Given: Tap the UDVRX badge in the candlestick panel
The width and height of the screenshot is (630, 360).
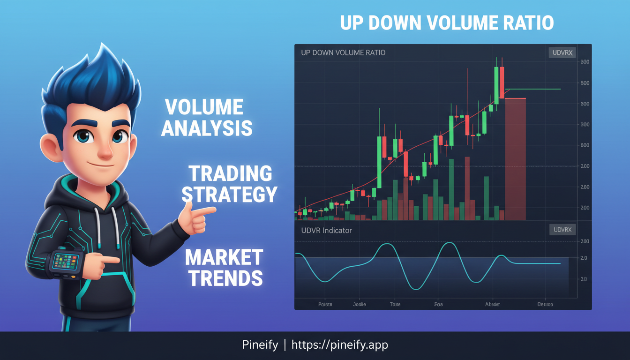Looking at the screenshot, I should (562, 52).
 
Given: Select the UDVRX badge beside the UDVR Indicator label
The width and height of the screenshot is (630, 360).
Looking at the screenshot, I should (562, 230).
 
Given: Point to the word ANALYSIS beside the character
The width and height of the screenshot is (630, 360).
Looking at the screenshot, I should (207, 128).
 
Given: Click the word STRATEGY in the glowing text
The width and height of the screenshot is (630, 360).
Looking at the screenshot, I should (229, 194).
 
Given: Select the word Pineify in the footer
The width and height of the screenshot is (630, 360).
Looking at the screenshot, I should (260, 345).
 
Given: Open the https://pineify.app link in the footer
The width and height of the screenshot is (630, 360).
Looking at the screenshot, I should (340, 345).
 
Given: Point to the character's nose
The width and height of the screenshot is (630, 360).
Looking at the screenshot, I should (104, 151).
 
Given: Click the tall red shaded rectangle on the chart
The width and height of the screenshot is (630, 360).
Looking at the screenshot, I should (515, 159).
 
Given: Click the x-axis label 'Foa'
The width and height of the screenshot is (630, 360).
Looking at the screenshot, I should (438, 304).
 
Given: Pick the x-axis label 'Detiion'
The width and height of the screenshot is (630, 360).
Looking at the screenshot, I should (545, 304).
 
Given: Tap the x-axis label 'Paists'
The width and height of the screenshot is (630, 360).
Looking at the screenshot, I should (325, 304).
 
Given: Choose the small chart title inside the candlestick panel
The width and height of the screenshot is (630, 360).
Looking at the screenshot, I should (343, 52).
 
